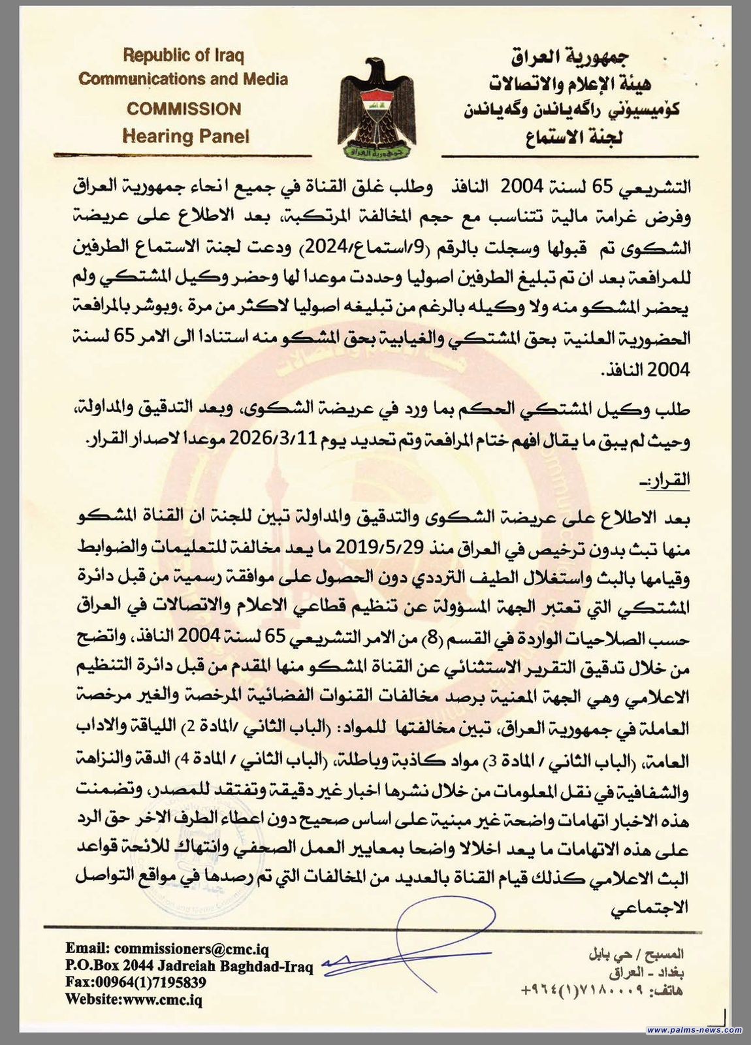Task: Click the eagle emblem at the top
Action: pyautogui.click(x=377, y=108)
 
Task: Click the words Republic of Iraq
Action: pyautogui.click(x=184, y=56)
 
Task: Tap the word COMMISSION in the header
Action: pyautogui.click(x=184, y=108)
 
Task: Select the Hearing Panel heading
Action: pyautogui.click(x=186, y=136)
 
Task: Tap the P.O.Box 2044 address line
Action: pyautogui.click(x=189, y=966)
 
